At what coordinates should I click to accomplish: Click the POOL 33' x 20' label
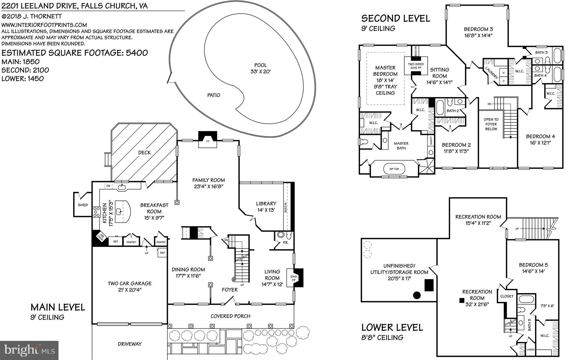point(260,68)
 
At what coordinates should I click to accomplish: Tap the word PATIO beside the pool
point(214,95)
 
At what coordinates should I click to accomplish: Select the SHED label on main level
point(83,205)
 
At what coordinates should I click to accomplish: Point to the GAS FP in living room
point(294,278)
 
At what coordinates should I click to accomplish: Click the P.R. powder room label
point(286,242)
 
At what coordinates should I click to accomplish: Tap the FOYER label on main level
point(230,290)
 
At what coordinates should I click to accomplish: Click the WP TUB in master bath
point(394,169)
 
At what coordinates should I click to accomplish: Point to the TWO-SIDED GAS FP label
point(415,66)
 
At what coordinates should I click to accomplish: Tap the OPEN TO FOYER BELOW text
point(491,124)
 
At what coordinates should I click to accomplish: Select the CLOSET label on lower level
point(507,296)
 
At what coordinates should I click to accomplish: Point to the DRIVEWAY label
point(130,344)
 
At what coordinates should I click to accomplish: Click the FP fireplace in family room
point(207,141)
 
